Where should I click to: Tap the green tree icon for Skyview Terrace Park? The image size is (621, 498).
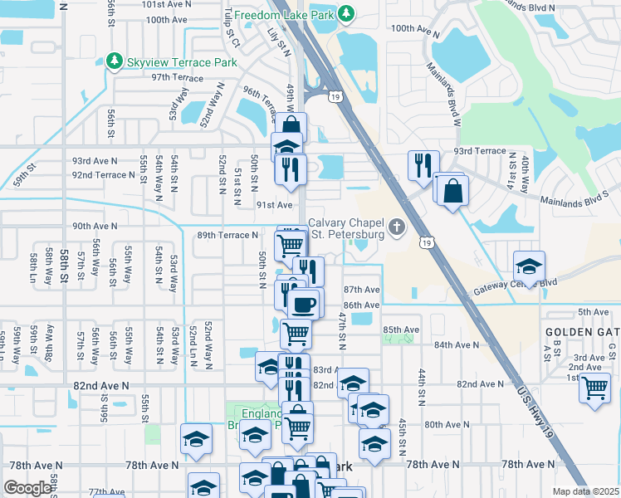[x=115, y=61]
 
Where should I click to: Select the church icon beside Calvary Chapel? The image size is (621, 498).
[x=398, y=227]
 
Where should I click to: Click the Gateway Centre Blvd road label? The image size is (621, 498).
[x=515, y=287]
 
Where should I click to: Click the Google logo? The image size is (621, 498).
[x=27, y=488]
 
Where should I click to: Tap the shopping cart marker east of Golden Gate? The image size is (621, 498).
[x=594, y=387]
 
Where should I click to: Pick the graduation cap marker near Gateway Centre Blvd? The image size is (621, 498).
[x=528, y=266]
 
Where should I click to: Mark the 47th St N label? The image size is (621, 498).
[x=341, y=330]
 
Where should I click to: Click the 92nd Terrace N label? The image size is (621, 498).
[x=103, y=175]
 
